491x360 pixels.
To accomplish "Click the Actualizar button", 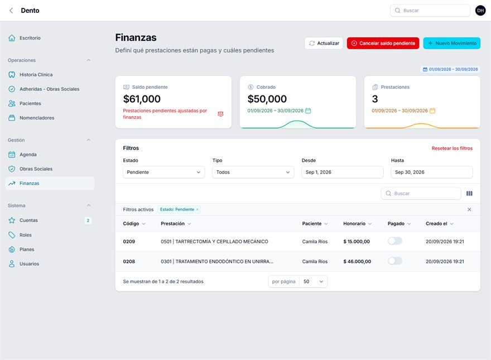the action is [x=324, y=43].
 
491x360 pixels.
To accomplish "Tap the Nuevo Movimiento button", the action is [x=451, y=43].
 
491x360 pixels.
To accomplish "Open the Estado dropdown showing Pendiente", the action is [x=164, y=172].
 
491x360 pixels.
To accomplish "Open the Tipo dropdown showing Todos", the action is [x=253, y=172].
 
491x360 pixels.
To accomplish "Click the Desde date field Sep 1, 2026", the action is [x=342, y=172].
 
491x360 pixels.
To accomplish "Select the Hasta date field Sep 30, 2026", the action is [x=432, y=172].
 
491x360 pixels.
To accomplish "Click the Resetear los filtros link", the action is [x=452, y=148].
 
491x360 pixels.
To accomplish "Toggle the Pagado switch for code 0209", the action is [x=395, y=241].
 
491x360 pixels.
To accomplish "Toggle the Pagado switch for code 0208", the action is [x=395, y=261].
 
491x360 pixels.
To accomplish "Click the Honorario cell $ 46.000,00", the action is [x=357, y=261].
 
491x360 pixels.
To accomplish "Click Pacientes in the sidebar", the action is [x=30, y=103].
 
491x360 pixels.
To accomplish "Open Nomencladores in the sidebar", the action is [x=37, y=118].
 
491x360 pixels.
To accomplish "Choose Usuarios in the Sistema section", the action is [x=29, y=264].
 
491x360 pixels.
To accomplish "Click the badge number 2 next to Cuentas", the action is [x=88, y=220].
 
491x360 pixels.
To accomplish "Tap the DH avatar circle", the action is [x=480, y=11].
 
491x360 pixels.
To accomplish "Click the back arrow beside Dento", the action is [x=11, y=11].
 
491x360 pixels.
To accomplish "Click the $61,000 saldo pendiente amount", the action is [x=142, y=99].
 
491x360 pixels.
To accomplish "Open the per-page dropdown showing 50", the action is [x=313, y=281].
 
